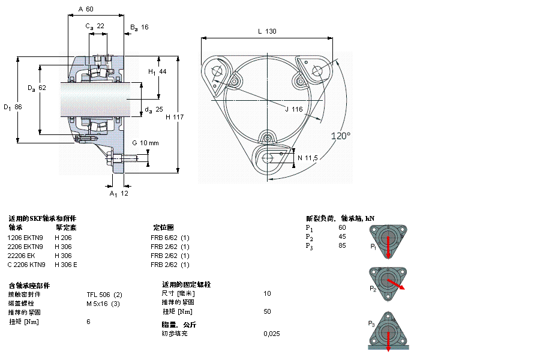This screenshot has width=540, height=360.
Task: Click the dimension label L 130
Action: (x=267, y=31)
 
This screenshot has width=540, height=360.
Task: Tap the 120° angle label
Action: (x=341, y=136)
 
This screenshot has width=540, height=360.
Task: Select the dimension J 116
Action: (x=293, y=109)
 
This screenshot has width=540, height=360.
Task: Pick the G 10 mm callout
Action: (x=145, y=143)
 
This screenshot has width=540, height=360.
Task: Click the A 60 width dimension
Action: (x=86, y=9)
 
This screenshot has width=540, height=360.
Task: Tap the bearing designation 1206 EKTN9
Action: (x=25, y=238)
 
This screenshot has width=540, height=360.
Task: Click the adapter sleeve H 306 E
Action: (x=66, y=265)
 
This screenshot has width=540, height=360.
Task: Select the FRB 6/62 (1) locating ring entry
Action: (x=170, y=238)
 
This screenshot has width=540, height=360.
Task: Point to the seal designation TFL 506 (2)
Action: (x=104, y=295)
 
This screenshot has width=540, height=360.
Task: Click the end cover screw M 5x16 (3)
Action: (x=103, y=304)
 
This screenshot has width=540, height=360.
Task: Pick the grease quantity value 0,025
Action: (x=272, y=334)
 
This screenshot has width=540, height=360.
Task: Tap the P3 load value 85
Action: (x=342, y=245)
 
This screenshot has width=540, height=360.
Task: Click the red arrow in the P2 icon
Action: (x=397, y=284)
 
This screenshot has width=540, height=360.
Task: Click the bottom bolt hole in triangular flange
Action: (x=268, y=158)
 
